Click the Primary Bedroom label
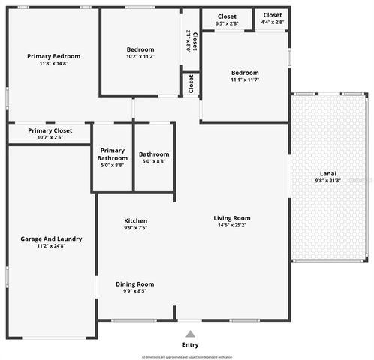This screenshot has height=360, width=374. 53,56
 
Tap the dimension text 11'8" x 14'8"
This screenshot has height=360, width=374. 53,64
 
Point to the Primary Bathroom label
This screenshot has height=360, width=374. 112,154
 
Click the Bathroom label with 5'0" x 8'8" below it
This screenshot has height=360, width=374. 154,154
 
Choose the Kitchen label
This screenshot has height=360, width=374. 136,220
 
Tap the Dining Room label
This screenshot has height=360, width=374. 134,284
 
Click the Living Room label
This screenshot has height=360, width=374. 232,218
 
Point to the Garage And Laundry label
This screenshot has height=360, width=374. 51,239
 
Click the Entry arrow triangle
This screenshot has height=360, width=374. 190,334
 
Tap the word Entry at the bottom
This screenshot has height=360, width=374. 190,345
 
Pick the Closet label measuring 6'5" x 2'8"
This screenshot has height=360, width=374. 227,16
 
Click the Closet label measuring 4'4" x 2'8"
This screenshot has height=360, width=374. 273,15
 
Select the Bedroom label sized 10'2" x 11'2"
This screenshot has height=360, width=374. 140,49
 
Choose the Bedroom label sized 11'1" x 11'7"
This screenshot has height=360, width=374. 245,73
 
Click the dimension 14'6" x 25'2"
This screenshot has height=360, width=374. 232,226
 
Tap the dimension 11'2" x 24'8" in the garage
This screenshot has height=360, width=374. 51,246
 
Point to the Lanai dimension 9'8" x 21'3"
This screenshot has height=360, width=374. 329,180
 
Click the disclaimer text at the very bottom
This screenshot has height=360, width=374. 187,357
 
